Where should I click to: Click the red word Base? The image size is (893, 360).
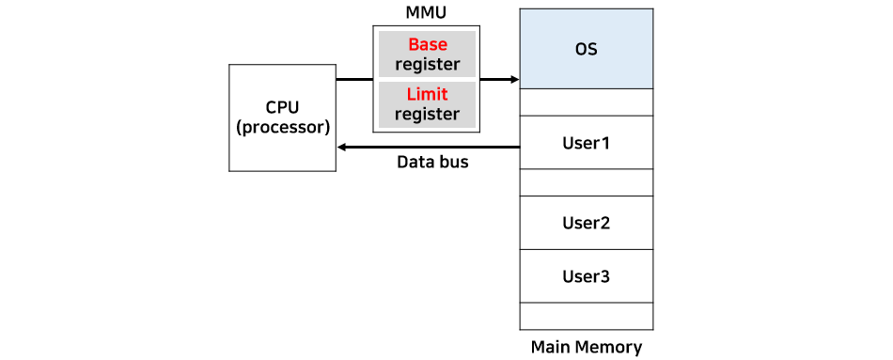(x=427, y=44)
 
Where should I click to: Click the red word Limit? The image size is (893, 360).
(x=427, y=94)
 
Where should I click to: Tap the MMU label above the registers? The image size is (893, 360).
(x=427, y=13)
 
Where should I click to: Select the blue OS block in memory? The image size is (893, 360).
(x=586, y=49)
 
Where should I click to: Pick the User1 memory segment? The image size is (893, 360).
(x=586, y=143)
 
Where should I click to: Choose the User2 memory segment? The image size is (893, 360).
(x=586, y=223)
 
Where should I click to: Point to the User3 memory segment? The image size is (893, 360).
(x=586, y=276)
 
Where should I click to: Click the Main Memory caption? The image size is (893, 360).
(x=586, y=347)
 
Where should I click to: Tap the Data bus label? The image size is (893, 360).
(x=432, y=163)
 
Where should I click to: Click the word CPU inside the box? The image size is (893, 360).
(x=282, y=106)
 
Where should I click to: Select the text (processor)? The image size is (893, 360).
(x=282, y=126)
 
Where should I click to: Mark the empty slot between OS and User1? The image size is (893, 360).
(x=586, y=102)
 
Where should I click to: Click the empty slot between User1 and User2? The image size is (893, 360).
(x=586, y=182)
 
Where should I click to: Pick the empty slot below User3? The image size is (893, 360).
(x=586, y=315)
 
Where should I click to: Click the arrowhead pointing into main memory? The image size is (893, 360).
(x=514, y=80)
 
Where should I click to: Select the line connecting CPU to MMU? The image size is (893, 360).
(x=354, y=80)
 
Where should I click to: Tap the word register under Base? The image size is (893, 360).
(x=427, y=65)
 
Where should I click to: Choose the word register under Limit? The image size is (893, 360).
(x=427, y=115)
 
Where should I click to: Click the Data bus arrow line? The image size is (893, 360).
(x=432, y=147)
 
